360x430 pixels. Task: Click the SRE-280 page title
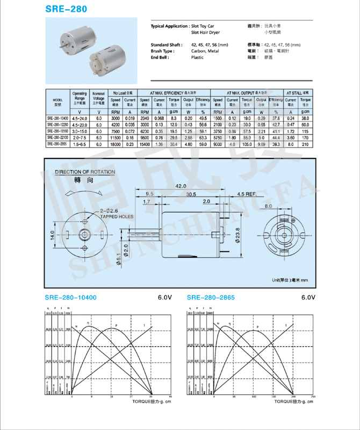pyautogui.click(x=66, y=10)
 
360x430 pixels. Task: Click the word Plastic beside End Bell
pyautogui.click(x=198, y=57)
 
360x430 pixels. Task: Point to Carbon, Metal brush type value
pyautogui.click(x=205, y=50)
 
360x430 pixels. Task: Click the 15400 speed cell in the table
pyautogui.click(x=145, y=144)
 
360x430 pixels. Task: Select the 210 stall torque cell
pyautogui.click(x=305, y=144)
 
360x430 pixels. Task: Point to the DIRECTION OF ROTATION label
pyautogui.click(x=85, y=172)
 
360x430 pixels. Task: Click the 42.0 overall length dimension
pyautogui.click(x=181, y=186)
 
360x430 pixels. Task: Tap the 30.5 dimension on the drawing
pyautogui.click(x=191, y=194)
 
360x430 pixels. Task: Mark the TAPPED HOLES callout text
pyautogui.click(x=117, y=217)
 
